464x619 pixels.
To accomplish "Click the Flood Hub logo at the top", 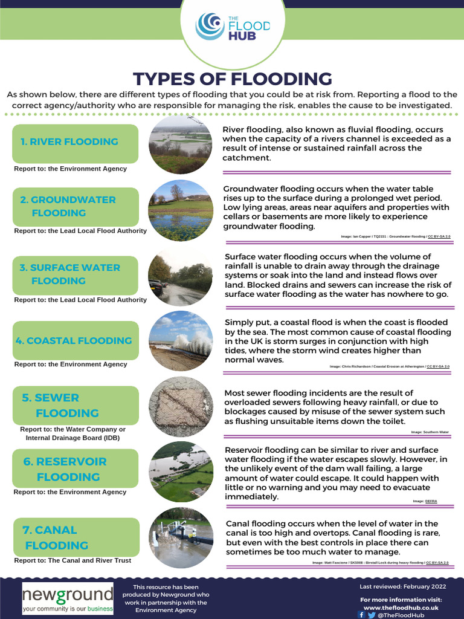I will (x=232, y=27).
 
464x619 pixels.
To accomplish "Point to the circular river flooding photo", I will (x=181, y=145).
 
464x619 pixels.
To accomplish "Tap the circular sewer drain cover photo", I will (x=181, y=406).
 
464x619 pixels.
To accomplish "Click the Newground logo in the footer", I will (x=68, y=598).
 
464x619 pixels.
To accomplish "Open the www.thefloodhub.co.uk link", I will (x=401, y=607).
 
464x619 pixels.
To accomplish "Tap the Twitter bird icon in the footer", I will (x=371, y=615).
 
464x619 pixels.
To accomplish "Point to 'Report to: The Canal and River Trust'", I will (x=72, y=560).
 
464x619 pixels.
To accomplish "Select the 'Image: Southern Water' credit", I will (x=430, y=432).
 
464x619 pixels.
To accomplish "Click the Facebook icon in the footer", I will (x=361, y=615).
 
